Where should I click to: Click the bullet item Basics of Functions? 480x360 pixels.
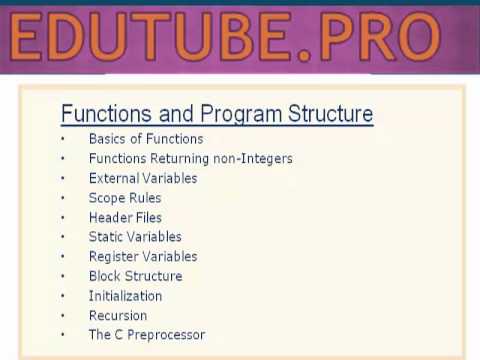coord(145,139)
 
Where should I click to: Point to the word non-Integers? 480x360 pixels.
coord(255,159)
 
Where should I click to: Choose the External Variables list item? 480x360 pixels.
coord(142,178)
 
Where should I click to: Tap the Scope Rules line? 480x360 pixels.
coord(125,198)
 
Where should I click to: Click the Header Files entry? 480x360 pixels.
coord(125,217)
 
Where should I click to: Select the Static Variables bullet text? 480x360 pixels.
coord(135,237)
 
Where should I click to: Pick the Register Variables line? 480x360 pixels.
coord(142,257)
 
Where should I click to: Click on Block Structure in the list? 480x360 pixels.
coord(135,276)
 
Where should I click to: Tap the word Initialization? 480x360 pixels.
coord(125,296)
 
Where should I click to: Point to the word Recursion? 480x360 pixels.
coord(117,316)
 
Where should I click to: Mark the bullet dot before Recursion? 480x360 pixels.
coord(62,316)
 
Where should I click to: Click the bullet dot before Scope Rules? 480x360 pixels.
coord(62,198)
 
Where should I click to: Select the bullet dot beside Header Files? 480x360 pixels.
coord(62,217)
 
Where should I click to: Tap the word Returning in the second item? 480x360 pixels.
coord(179,159)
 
